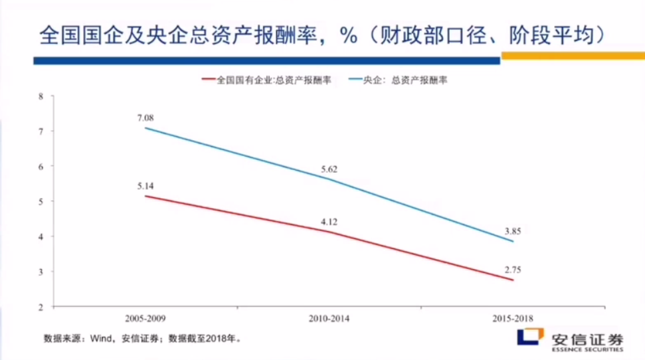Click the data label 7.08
[x=145, y=118]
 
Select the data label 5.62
[x=329, y=169]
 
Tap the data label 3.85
[x=513, y=231]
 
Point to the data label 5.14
[x=145, y=186]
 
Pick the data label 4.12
[x=329, y=221]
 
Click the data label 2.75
[x=513, y=270]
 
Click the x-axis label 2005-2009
[x=145, y=319]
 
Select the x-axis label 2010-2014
[x=329, y=319]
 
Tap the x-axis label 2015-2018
[x=513, y=319]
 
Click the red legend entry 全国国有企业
[x=266, y=80]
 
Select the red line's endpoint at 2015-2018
[x=513, y=280]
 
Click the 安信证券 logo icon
[x=531, y=337]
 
